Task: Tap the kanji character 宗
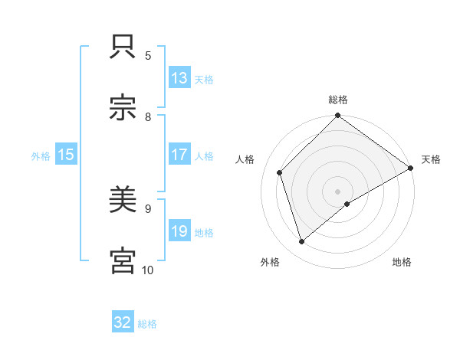[123, 108]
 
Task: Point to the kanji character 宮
[123, 261]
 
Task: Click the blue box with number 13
[179, 78]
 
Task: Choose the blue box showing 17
[179, 155]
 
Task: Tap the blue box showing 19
[179, 231]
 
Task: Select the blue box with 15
[66, 155]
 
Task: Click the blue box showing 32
[123, 322]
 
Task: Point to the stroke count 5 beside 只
[148, 55]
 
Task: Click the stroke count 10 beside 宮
[148, 270]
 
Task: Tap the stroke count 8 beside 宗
[148, 116]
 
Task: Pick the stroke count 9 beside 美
[148, 208]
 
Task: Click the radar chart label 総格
[338, 100]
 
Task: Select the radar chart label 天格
[431, 159]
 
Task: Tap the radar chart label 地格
[402, 262]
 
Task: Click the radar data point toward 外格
[302, 242]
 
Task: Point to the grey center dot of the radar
[337, 191]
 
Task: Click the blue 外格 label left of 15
[41, 155]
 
